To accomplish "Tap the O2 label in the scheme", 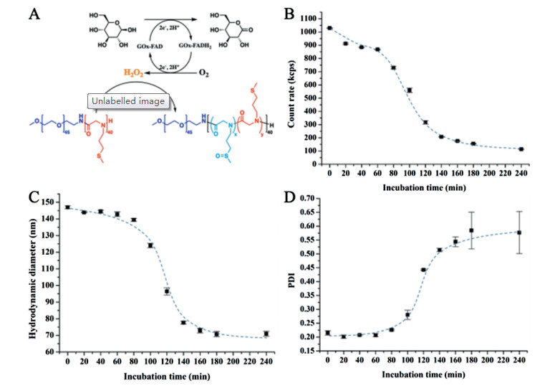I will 214,72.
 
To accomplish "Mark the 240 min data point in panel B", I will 521,149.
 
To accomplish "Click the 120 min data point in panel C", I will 166,291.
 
